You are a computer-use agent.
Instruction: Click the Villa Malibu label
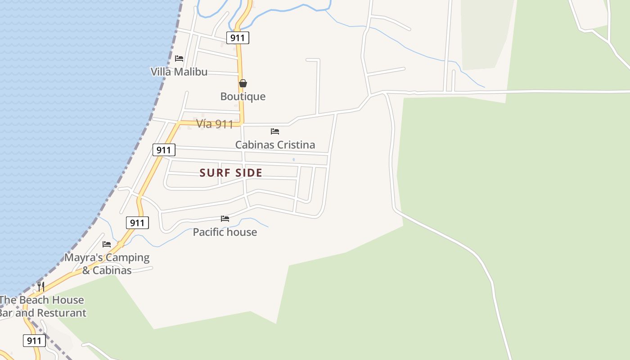(179, 72)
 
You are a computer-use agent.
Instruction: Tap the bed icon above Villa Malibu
(179, 58)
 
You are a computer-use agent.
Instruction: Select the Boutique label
(243, 96)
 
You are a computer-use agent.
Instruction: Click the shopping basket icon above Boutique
(243, 83)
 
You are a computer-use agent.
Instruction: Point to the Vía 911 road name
(215, 124)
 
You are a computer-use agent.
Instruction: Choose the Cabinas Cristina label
(275, 144)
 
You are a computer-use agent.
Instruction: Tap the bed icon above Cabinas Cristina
(275, 131)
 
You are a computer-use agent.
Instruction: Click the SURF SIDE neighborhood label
(231, 173)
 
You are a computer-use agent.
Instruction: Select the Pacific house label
(225, 232)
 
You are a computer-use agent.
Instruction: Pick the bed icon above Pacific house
(225, 219)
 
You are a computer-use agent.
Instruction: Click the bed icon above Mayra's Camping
(107, 244)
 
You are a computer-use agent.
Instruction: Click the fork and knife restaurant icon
(40, 286)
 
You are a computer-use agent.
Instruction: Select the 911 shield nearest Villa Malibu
(238, 38)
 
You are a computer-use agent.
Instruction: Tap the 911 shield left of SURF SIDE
(164, 150)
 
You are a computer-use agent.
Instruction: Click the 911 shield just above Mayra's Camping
(137, 222)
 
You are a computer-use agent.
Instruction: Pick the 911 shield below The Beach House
(34, 341)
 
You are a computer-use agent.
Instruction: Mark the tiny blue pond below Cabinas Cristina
(293, 159)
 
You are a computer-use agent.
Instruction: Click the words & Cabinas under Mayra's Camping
(107, 270)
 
